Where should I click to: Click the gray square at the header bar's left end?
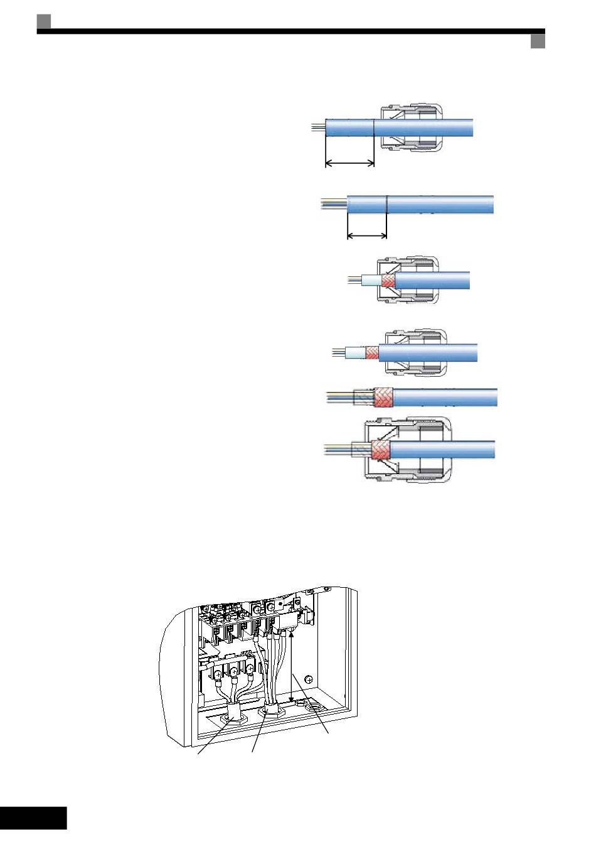[x=43, y=21]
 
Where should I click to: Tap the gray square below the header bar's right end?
[x=538, y=41]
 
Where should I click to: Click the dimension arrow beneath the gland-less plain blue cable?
[x=367, y=237]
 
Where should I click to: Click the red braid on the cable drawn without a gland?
[x=383, y=398]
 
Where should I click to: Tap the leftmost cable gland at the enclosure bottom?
[x=233, y=713]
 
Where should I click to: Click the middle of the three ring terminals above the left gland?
[x=233, y=678]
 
